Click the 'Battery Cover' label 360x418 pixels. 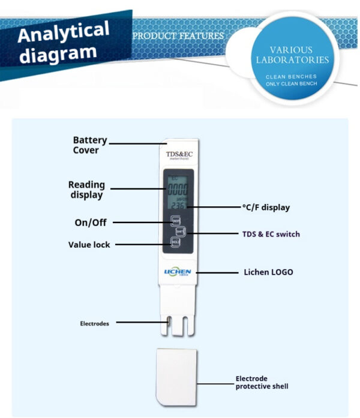tap(89, 145)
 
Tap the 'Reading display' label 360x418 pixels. tap(86, 190)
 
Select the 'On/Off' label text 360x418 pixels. tap(91, 222)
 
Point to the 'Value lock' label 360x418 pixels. tap(89, 245)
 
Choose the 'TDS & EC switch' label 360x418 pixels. tap(271, 234)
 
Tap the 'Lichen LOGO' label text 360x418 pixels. tap(268, 272)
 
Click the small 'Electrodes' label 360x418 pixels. tap(95, 323)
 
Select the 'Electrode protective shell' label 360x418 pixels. tap(262, 383)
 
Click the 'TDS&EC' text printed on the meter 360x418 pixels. tap(178, 155)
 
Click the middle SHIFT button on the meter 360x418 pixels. tap(180, 231)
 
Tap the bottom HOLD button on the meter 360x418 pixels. tap(175, 242)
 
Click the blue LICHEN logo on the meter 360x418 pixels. tap(178, 272)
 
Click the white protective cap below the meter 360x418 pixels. tap(176, 377)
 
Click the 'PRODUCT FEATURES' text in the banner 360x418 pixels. tap(178, 36)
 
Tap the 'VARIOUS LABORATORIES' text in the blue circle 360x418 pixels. tap(292, 55)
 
